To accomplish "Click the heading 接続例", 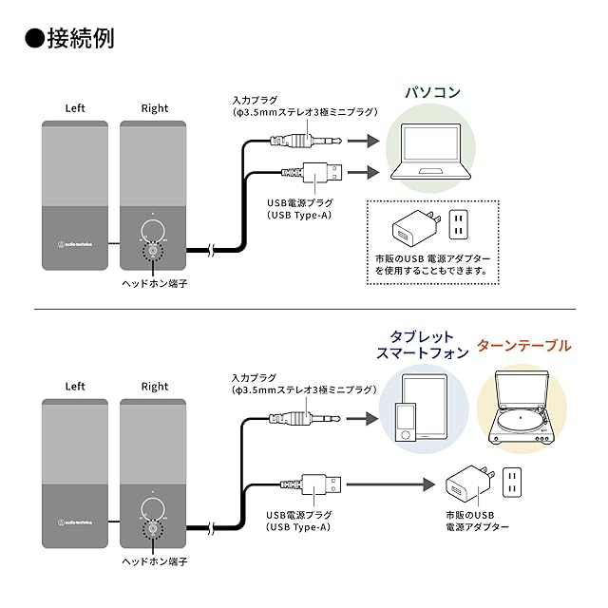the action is (81, 38).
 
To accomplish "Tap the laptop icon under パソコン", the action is (430, 151).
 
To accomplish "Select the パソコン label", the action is (433, 92).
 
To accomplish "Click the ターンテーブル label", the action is (523, 346).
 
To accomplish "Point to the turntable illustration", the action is (520, 408).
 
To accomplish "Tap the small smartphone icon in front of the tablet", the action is (406, 422).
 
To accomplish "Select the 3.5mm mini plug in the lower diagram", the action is (305, 419).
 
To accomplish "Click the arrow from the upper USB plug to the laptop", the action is (364, 172).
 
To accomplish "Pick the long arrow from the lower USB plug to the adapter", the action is (390, 484).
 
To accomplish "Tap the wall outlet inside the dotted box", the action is (458, 224).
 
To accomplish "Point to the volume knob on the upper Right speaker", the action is (153, 232).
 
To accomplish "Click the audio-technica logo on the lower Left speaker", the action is (75, 522).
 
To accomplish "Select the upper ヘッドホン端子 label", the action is (154, 284).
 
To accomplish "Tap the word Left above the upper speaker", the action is (75, 108).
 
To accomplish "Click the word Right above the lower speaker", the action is (155, 387).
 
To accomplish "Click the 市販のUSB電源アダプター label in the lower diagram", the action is (477, 521).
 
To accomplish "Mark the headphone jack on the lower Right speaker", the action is (153, 529).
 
